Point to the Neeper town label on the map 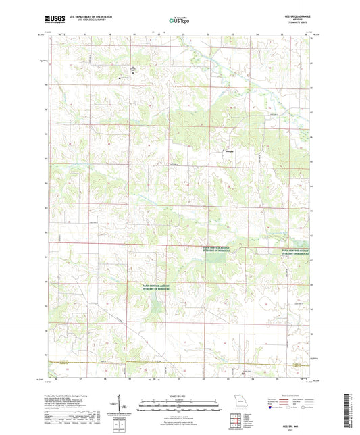[230, 151]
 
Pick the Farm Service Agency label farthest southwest [146, 288]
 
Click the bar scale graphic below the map [180, 407]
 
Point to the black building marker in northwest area [120, 78]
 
